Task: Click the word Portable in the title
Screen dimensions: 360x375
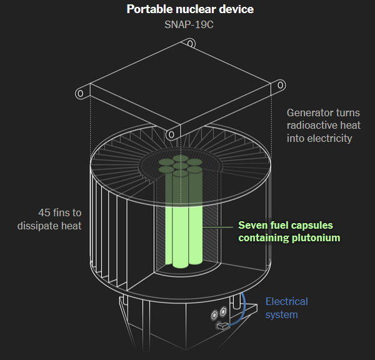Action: coord(147,9)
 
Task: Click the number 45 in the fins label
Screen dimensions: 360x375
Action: coord(44,212)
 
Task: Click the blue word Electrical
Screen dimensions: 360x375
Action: coord(286,302)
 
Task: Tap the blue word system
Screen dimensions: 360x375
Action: coord(281,314)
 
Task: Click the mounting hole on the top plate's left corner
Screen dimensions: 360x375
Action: coord(80,94)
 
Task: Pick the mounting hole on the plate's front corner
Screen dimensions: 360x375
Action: coord(171,133)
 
